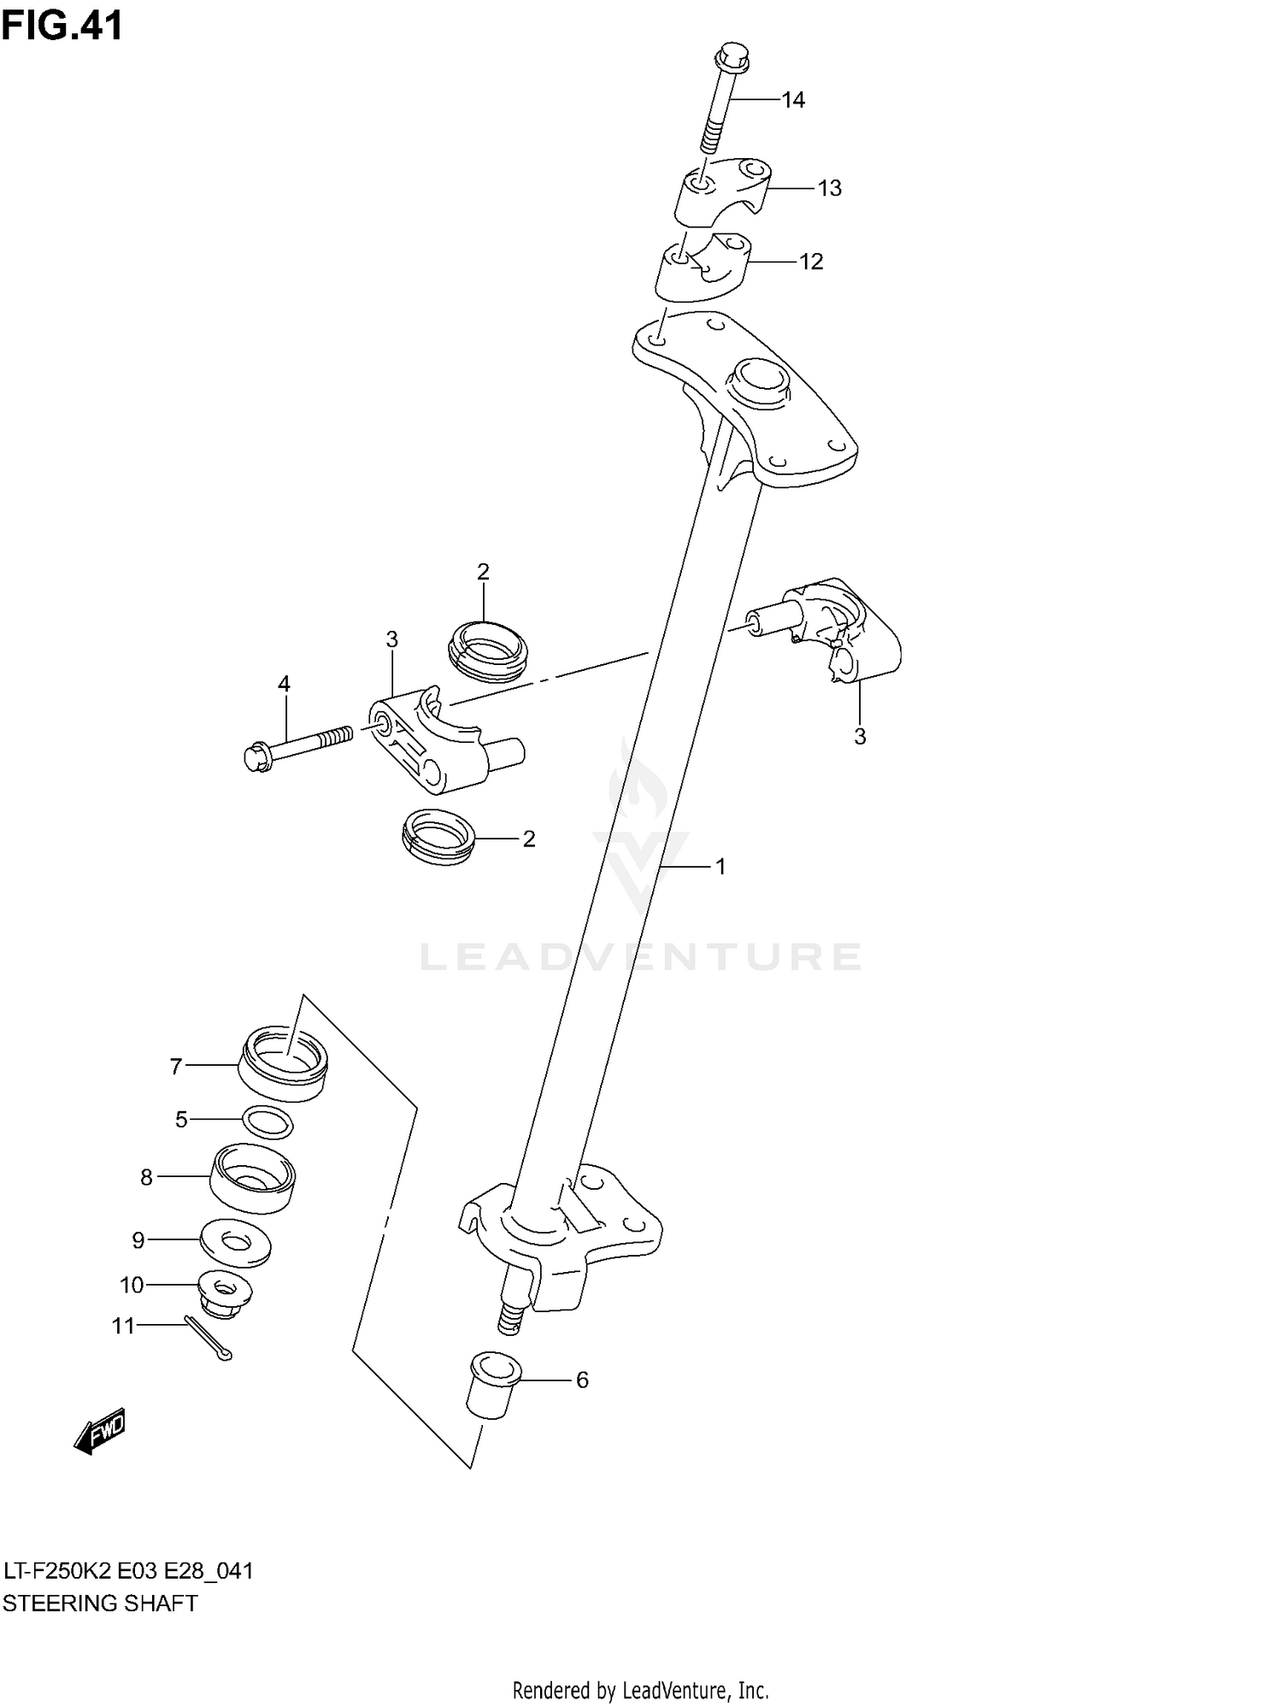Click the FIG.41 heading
pos(62,26)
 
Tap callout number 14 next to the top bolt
pos(793,100)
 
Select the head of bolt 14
pos(729,56)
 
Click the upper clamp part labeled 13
pos(723,193)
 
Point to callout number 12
pos(811,262)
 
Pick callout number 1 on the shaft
pos(720,867)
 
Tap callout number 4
pos(284,684)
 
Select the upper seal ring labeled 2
pos(487,651)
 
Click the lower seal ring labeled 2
pos(438,836)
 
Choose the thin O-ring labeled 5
pos(268,1121)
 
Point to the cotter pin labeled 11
pos(208,1339)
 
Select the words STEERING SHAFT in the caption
pos(100,1603)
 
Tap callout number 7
pos(176,1066)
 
